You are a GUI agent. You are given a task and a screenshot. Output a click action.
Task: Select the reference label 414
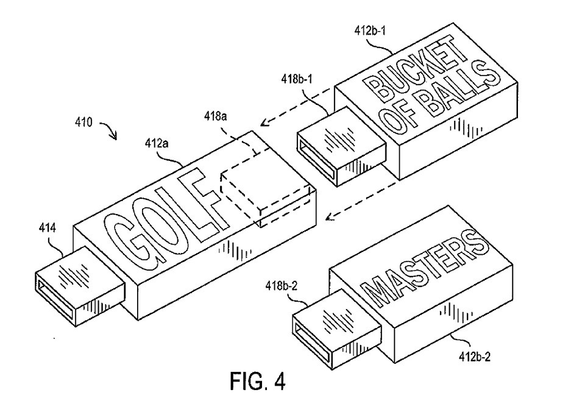(47, 229)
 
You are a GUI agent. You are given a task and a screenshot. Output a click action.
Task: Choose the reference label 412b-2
(473, 358)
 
